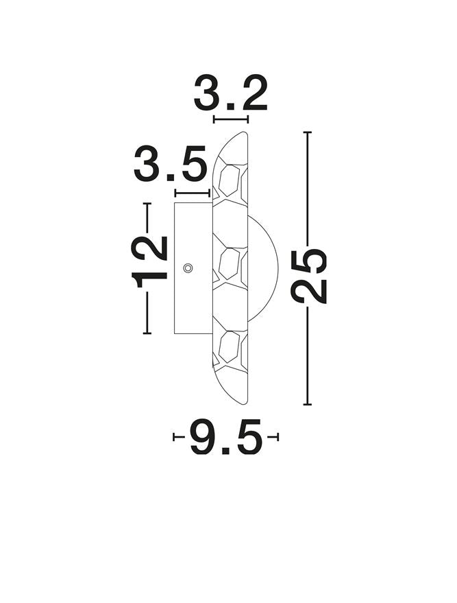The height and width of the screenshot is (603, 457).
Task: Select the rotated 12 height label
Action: click(x=150, y=261)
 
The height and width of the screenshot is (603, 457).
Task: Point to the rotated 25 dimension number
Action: click(x=309, y=276)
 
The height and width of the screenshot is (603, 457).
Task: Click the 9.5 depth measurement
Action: click(x=226, y=438)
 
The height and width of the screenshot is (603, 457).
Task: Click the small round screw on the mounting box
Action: click(x=188, y=268)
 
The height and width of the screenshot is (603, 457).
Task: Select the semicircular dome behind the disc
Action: click(x=264, y=268)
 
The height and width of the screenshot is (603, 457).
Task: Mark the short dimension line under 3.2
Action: click(x=230, y=120)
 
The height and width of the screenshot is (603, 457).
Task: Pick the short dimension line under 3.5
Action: click(x=193, y=193)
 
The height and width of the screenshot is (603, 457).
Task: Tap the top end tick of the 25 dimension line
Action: click(x=308, y=132)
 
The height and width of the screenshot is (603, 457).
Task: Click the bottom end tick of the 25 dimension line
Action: click(x=308, y=404)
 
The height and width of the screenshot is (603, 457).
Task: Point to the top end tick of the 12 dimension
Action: click(x=147, y=204)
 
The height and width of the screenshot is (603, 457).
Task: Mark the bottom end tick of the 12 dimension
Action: click(x=147, y=333)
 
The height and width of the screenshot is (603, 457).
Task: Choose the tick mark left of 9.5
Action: click(x=175, y=437)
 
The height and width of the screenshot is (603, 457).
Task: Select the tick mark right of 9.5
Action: click(x=276, y=437)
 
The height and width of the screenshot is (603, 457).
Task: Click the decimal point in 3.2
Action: click(x=231, y=107)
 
